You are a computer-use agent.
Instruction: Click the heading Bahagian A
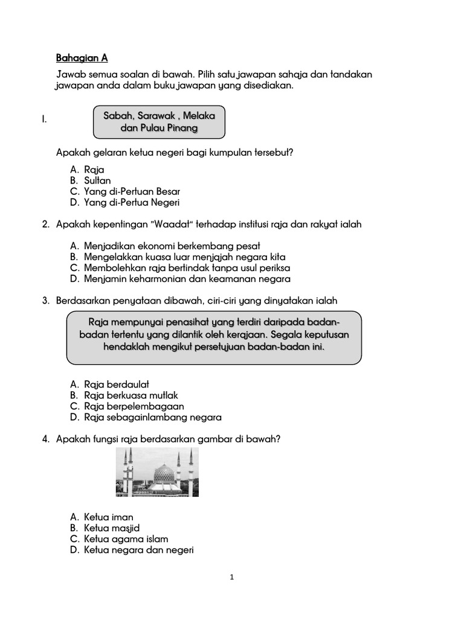(x=82, y=58)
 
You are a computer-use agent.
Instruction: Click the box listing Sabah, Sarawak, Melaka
(x=159, y=122)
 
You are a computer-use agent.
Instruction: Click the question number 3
(x=45, y=301)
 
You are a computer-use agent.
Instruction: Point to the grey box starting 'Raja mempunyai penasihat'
(x=214, y=337)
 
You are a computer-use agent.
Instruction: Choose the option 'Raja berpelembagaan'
(x=134, y=406)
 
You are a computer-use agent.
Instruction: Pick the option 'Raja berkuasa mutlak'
(x=131, y=395)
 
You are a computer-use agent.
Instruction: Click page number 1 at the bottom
(x=232, y=577)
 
